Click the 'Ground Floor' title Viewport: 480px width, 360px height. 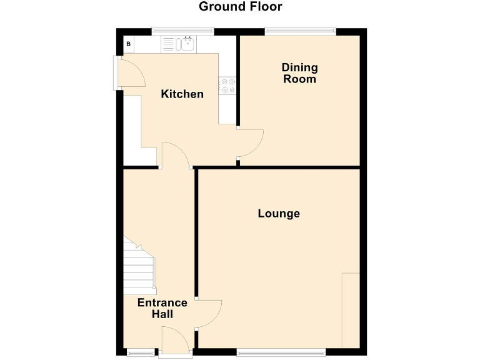[x=240, y=7]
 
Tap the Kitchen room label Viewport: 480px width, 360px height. [x=182, y=94]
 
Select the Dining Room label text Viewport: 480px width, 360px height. [x=299, y=73]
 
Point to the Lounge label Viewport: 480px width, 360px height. [x=279, y=214]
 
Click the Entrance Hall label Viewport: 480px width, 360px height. [x=162, y=308]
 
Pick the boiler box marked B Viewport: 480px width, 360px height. [x=129, y=44]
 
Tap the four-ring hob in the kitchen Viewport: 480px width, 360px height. [x=227, y=86]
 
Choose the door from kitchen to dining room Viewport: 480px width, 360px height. [x=251, y=142]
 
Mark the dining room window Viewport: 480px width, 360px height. [x=300, y=31]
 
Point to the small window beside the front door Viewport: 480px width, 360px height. [x=141, y=352]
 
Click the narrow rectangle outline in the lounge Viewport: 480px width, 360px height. [x=351, y=310]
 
